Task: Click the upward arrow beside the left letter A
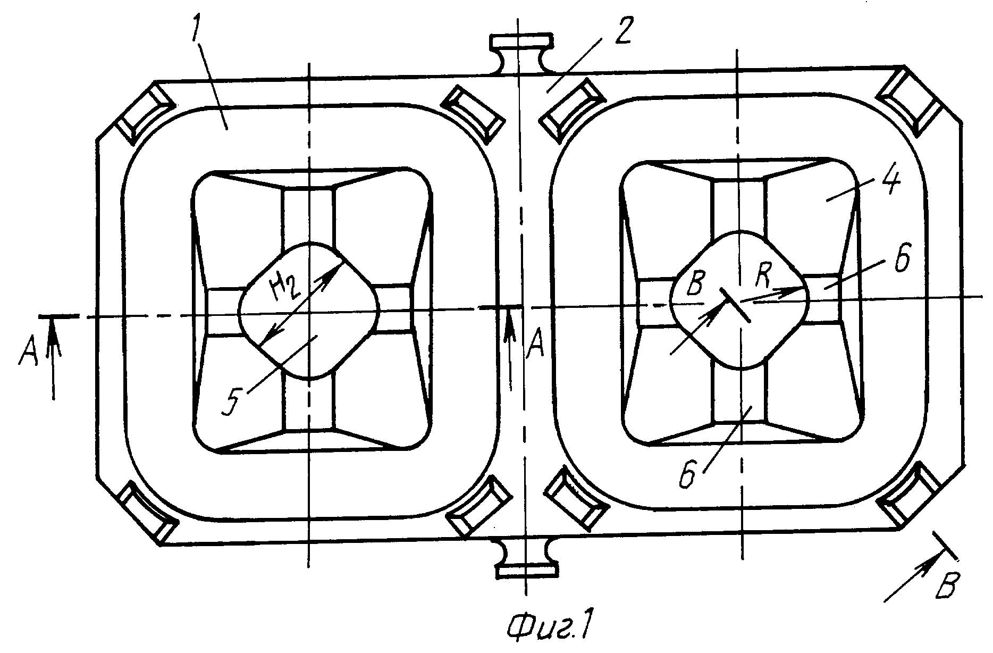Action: click(53, 358)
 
